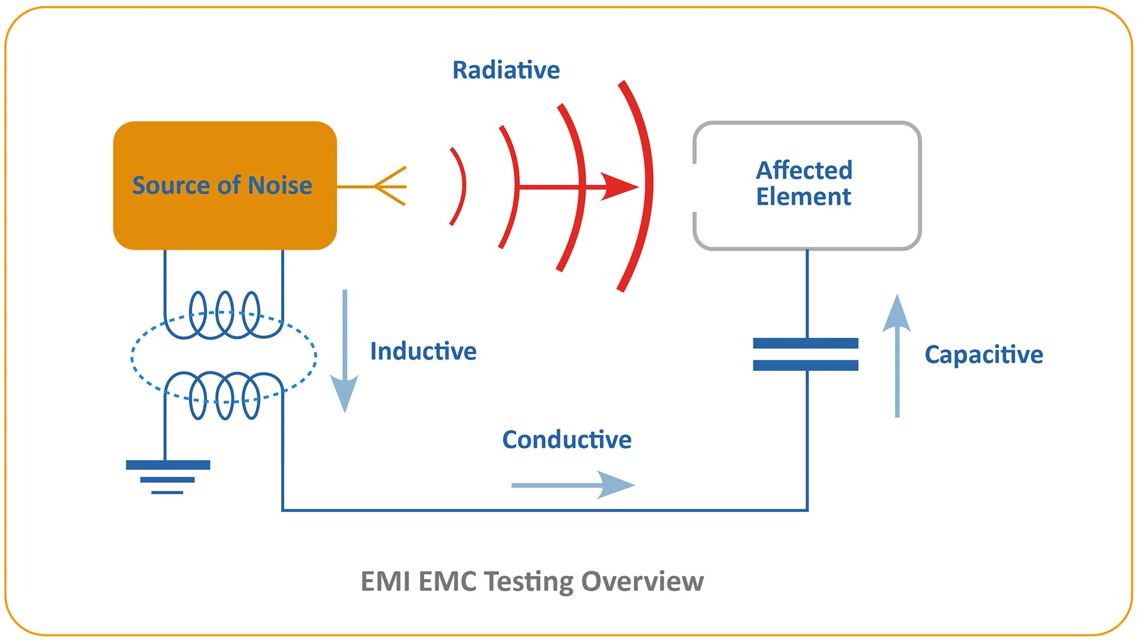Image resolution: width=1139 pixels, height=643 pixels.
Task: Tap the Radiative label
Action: pyautogui.click(x=505, y=70)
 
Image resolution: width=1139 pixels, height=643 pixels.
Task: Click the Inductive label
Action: pyautogui.click(x=423, y=351)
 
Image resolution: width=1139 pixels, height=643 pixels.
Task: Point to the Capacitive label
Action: pyautogui.click(x=983, y=355)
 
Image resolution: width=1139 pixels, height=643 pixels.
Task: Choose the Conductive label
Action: pyautogui.click(x=567, y=440)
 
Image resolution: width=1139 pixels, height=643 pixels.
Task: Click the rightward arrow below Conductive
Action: pyautogui.click(x=572, y=485)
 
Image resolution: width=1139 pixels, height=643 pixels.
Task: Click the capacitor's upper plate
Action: pyautogui.click(x=805, y=343)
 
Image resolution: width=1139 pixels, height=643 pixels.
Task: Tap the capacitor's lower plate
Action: pyautogui.click(x=805, y=365)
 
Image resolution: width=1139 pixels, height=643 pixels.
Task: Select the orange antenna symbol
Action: pyautogui.click(x=389, y=186)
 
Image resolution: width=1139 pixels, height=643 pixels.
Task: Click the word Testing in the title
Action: pyautogui.click(x=529, y=581)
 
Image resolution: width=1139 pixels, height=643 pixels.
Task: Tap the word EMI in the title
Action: pyautogui.click(x=386, y=581)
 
